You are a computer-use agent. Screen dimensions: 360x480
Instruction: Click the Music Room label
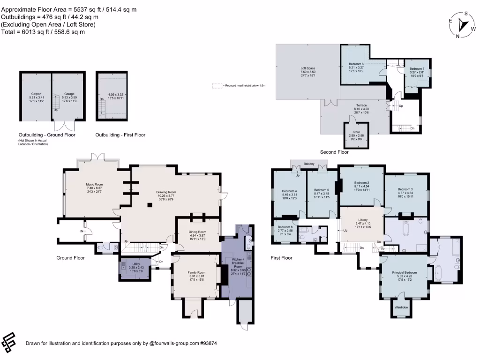click(93, 185)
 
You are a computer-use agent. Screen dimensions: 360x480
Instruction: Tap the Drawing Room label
click(165, 192)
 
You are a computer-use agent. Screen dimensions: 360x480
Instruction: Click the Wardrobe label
click(401, 307)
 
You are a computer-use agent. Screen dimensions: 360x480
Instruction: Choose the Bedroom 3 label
click(406, 188)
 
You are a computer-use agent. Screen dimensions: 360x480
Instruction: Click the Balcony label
click(309, 164)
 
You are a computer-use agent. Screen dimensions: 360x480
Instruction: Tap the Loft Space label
click(307, 68)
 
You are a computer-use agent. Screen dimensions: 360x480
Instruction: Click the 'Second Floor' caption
click(334, 152)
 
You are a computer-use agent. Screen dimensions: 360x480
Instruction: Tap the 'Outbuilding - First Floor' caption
click(120, 135)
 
